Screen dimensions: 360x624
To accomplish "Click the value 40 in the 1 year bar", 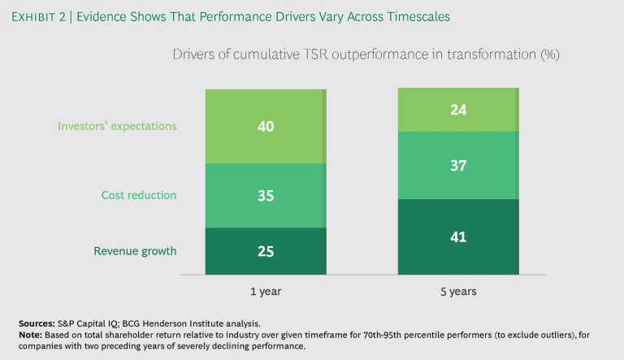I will click(265, 126).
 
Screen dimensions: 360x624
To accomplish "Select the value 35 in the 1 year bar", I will click(265, 196).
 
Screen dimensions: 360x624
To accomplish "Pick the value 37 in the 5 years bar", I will click(457, 167).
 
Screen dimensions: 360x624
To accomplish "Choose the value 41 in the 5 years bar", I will click(457, 236).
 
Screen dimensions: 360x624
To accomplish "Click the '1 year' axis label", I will click(265, 289).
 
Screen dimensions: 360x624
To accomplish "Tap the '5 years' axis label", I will click(457, 289).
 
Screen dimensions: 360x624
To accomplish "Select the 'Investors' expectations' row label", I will click(117, 127).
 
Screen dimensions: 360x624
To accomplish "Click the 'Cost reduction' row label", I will click(138, 196).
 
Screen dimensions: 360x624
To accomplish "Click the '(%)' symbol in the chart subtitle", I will click(548, 55).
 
